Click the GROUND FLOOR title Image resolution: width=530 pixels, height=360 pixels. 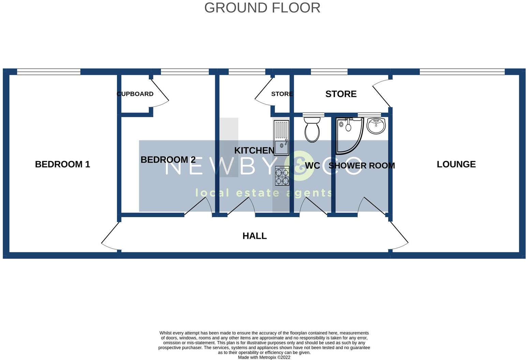(262, 8)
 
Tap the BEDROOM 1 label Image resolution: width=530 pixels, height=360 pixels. (62, 164)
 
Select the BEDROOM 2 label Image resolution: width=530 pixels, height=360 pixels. (168, 160)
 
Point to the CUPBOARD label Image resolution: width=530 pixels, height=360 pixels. (135, 94)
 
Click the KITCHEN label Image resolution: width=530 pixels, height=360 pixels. (254, 150)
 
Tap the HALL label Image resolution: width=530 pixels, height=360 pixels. (254, 236)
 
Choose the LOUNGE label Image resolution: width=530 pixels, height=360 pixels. (456, 164)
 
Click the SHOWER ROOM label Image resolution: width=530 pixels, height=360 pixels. (362, 166)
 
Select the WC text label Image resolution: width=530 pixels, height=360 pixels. (312, 166)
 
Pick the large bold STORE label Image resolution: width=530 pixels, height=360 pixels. (341, 94)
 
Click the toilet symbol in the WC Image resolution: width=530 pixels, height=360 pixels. (312, 130)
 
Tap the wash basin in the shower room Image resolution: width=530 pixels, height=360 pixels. (376, 126)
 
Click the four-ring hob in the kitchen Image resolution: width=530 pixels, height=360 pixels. (282, 176)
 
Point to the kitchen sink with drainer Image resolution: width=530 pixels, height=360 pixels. (281, 138)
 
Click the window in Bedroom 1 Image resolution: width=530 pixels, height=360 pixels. (49, 72)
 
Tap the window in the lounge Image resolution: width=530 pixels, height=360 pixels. (462, 72)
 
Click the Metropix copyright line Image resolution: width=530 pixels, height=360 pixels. (264, 357)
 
